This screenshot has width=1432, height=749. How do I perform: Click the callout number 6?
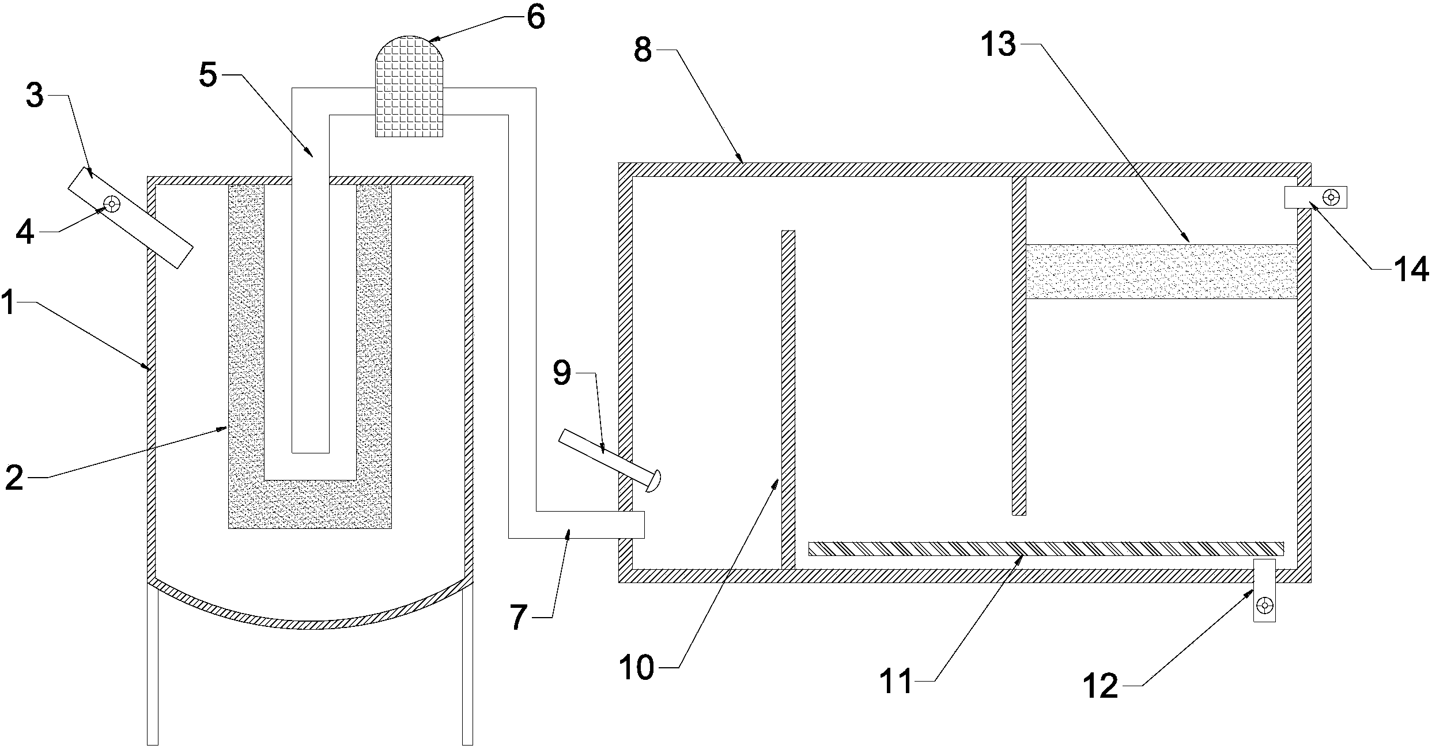[x=535, y=17]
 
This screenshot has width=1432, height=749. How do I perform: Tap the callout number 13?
[x=999, y=44]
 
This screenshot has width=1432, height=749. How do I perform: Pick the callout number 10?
[x=637, y=668]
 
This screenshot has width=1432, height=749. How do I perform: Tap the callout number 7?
[x=519, y=618]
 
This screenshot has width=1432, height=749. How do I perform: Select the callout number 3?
[x=35, y=96]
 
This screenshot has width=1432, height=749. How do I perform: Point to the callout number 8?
[x=643, y=50]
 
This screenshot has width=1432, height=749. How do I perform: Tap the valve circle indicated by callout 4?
[x=111, y=204]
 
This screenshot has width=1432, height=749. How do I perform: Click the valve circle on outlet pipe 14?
[x=1331, y=198]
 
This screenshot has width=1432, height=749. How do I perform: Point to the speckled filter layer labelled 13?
[x=1161, y=271]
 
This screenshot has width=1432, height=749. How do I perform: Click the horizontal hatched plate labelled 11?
[x=1046, y=548]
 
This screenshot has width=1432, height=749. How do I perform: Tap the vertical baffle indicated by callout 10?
[x=788, y=400]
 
